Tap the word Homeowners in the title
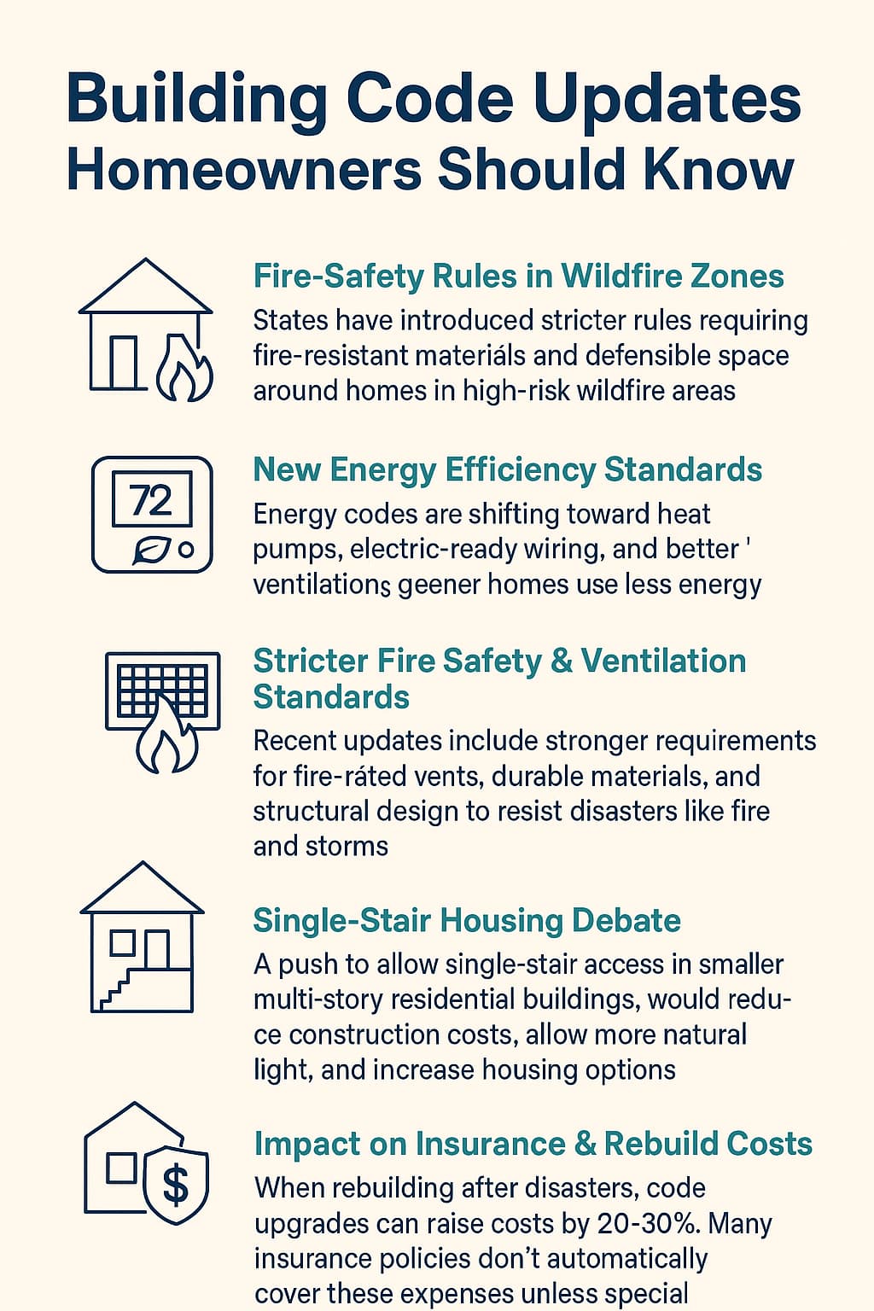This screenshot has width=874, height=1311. tap(243, 170)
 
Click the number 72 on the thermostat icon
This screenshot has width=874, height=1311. tap(151, 500)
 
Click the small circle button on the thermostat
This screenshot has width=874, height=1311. tap(186, 551)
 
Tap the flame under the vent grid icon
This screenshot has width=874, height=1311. tap(166, 736)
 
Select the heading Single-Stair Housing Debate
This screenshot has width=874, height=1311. tap(467, 921)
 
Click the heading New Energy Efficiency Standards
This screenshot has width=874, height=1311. tap(508, 470)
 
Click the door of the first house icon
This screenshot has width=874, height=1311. tap(124, 363)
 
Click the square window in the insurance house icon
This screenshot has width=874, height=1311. tap(121, 1168)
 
